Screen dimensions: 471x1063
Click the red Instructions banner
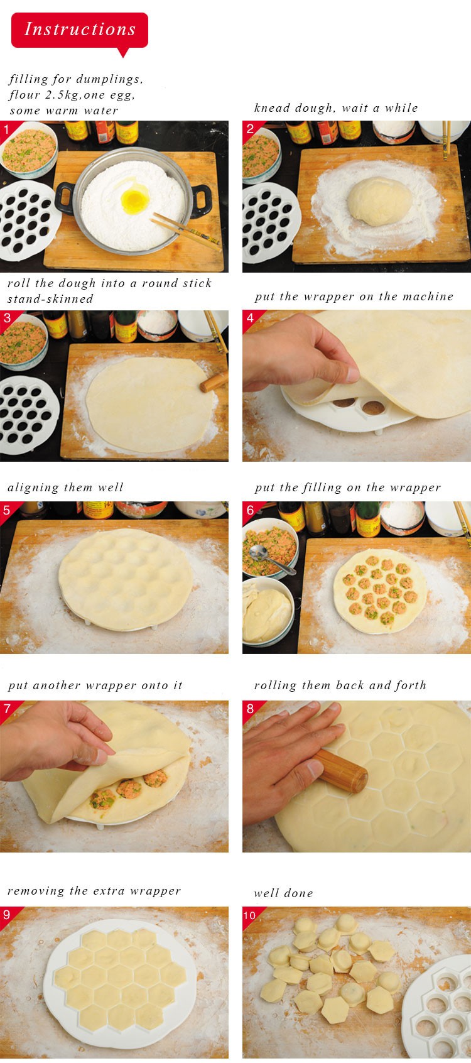(x=80, y=30)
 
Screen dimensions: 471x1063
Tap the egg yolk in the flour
(x=135, y=201)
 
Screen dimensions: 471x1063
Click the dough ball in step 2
(x=379, y=201)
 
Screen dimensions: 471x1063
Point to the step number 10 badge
(x=249, y=915)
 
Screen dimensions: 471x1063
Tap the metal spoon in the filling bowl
(x=271, y=558)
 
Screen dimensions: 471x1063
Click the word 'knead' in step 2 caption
(x=271, y=108)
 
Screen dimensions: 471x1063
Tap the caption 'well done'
(x=283, y=893)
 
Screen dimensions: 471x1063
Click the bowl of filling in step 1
(x=28, y=151)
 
